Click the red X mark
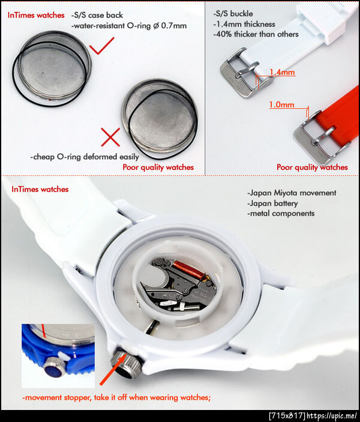click(x=110, y=137)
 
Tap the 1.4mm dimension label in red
click(x=282, y=72)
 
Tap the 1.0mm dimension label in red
click(x=281, y=104)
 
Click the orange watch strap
click(x=340, y=116)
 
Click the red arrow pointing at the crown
click(x=113, y=369)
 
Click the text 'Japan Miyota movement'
click(x=292, y=193)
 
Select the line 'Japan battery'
click(x=272, y=203)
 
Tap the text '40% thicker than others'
click(x=256, y=34)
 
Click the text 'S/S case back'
click(x=97, y=15)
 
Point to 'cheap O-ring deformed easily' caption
click(x=85, y=157)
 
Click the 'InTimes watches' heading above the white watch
click(x=40, y=189)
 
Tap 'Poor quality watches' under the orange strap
click(x=312, y=167)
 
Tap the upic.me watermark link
click(x=332, y=416)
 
